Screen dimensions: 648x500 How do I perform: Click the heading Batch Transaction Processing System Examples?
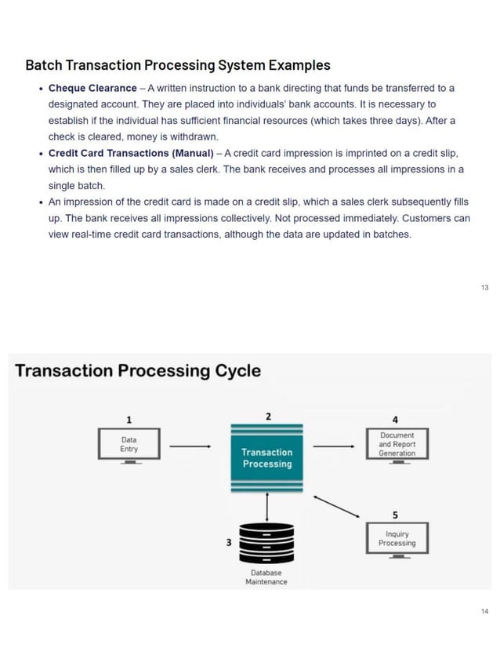178,65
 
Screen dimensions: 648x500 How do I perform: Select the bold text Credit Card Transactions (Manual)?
131,153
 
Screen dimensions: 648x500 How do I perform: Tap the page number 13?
484,288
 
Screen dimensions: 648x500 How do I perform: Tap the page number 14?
484,610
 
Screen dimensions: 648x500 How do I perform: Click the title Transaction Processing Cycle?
138,370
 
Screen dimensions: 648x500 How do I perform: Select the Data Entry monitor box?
129,444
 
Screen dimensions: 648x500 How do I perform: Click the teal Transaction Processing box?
266,458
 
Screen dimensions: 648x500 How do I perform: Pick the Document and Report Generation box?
397,444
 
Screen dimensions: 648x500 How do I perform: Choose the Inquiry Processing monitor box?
397,539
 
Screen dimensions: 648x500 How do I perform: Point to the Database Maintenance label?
266,577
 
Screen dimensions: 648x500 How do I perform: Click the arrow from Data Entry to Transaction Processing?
190,447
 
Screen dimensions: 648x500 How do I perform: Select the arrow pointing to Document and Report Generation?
333,447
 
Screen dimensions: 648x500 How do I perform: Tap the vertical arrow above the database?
267,506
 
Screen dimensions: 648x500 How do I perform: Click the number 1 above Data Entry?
129,418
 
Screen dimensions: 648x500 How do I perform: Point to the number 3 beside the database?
228,542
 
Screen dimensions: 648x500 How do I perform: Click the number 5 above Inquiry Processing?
395,515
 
